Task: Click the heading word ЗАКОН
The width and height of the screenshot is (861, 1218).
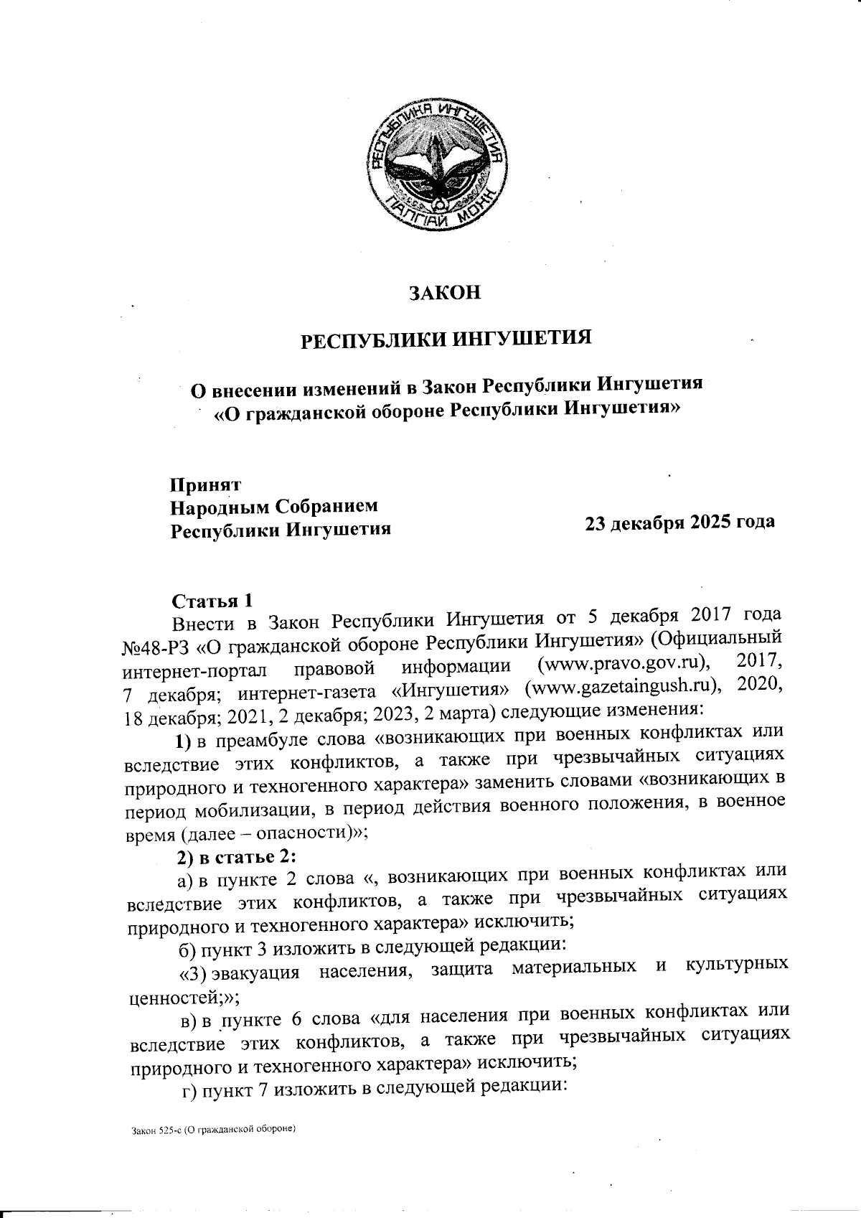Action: [443, 294]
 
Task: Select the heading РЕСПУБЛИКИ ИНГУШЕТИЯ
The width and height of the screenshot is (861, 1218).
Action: [444, 338]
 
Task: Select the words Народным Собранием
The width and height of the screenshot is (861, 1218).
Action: [273, 507]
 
